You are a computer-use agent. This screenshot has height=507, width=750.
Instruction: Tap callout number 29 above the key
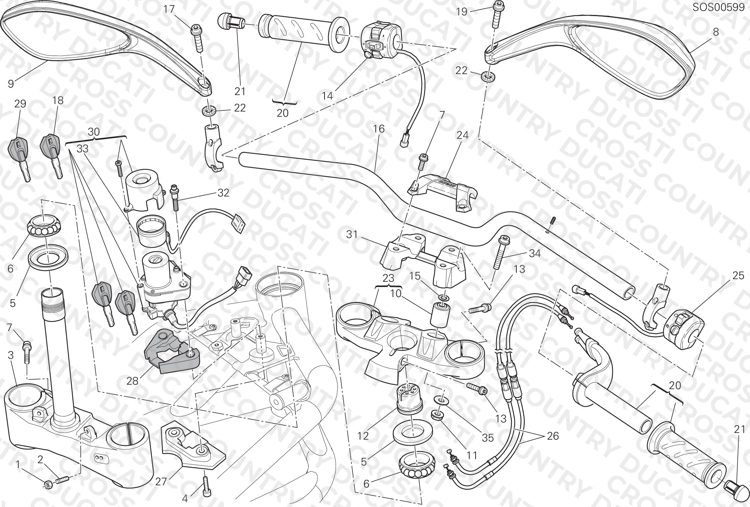[20, 104]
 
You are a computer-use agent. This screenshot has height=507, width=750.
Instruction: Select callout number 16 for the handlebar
[378, 129]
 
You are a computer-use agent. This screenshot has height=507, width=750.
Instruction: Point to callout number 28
[132, 381]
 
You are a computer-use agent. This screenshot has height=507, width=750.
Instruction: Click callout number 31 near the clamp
[352, 235]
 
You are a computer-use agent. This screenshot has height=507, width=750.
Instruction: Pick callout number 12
[363, 436]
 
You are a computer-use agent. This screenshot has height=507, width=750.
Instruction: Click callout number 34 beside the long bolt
[535, 253]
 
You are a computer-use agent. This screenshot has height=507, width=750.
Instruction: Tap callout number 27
[161, 481]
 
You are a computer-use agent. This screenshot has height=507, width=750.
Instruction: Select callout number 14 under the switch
[327, 96]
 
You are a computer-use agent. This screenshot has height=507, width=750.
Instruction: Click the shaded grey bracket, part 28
[172, 351]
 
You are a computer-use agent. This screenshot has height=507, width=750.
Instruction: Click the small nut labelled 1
[47, 485]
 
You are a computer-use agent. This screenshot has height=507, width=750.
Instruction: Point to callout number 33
[83, 149]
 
